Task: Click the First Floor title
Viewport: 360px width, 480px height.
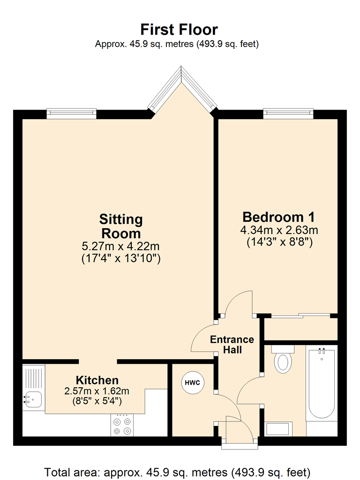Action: [180, 30]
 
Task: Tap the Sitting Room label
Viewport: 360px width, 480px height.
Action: [121, 226]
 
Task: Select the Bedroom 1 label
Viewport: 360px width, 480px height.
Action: [279, 217]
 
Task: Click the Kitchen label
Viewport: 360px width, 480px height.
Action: [97, 380]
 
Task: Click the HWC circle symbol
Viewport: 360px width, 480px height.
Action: [192, 382]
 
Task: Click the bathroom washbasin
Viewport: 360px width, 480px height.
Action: [279, 428]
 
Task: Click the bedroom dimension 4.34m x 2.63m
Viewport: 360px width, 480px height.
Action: [279, 231]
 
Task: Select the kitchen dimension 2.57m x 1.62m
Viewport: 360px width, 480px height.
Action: [97, 390]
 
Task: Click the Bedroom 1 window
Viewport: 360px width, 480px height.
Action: [288, 113]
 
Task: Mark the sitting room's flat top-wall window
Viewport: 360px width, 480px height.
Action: [71, 113]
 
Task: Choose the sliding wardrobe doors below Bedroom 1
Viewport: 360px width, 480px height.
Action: [300, 316]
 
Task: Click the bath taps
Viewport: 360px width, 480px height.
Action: [322, 351]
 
